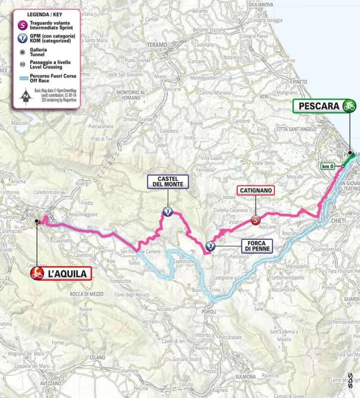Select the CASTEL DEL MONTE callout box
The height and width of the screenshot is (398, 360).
[167, 181]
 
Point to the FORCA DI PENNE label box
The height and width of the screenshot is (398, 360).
[255, 245]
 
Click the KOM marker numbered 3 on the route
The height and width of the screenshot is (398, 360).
[211, 246]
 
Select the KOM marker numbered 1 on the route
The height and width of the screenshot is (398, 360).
[167, 211]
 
